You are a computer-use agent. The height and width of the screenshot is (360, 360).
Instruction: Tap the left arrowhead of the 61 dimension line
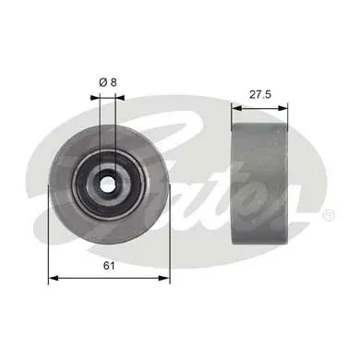click(52, 276)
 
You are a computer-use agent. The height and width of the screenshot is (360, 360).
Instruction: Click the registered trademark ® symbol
click(328, 214)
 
